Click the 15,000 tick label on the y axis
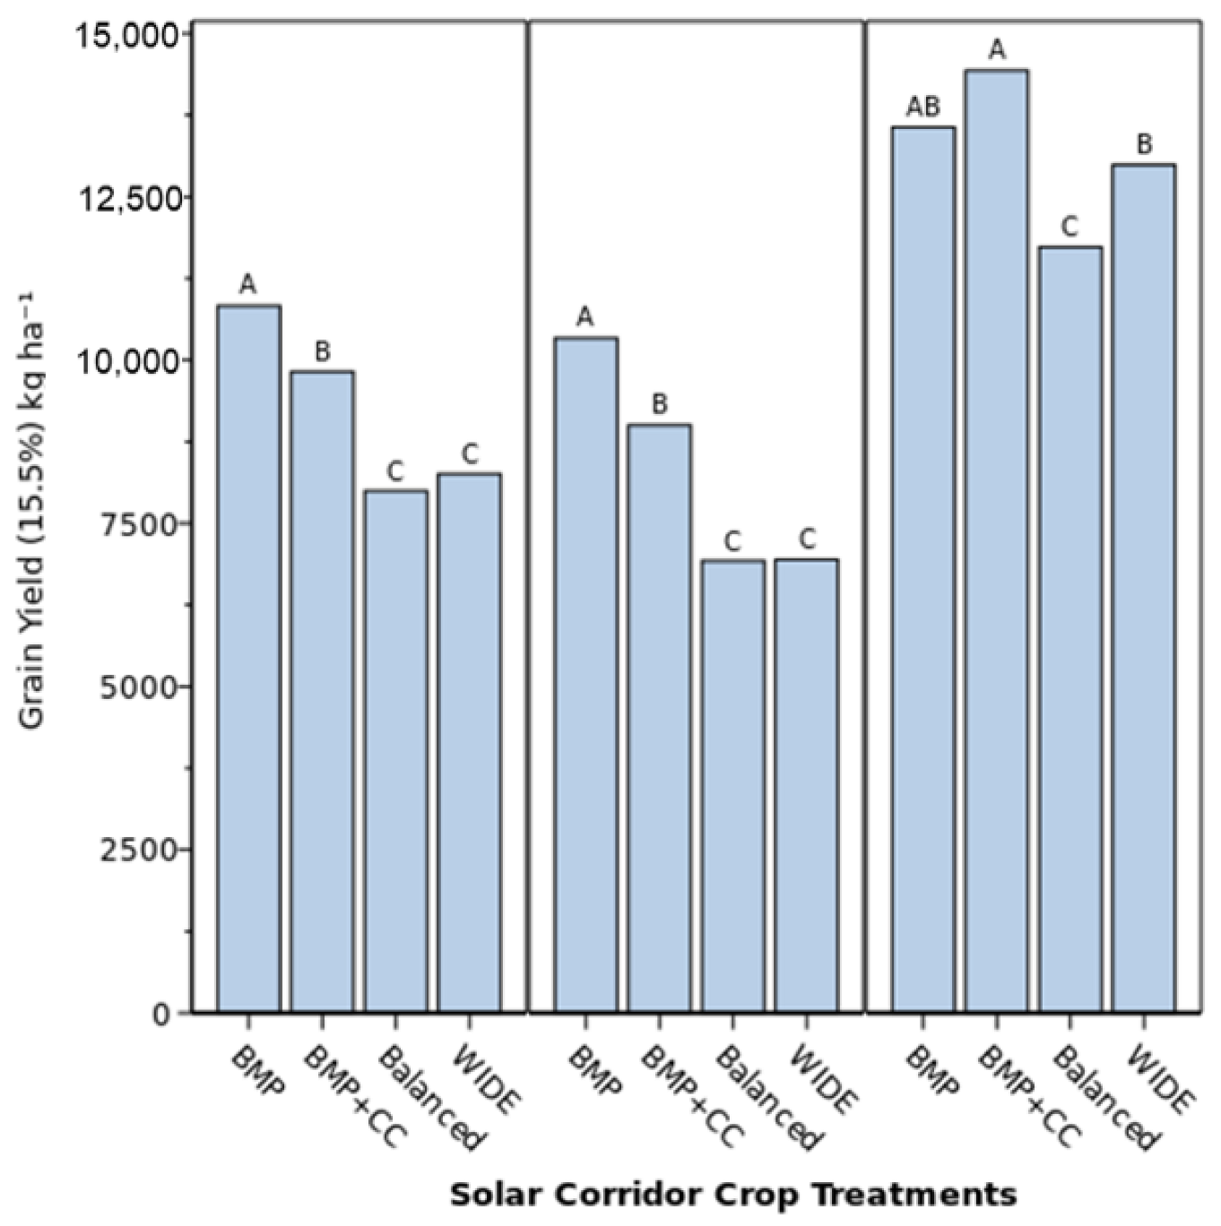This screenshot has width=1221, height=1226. click(126, 36)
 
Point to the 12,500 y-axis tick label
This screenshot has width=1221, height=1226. click(126, 198)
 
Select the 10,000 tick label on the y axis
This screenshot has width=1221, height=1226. click(126, 361)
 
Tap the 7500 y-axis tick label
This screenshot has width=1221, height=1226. click(137, 524)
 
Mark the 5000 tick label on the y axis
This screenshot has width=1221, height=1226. click(137, 687)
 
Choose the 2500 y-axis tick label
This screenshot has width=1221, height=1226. click(137, 850)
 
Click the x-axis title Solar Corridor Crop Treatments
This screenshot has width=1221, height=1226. click(732, 1195)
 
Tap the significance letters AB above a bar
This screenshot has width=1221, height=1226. click(923, 108)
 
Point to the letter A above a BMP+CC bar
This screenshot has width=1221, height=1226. click(997, 50)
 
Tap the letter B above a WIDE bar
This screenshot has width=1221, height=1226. click(1144, 144)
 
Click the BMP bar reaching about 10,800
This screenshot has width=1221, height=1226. click(248, 659)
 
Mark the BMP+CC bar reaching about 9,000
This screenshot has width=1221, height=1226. click(659, 718)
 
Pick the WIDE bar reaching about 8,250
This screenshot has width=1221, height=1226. click(469, 743)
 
